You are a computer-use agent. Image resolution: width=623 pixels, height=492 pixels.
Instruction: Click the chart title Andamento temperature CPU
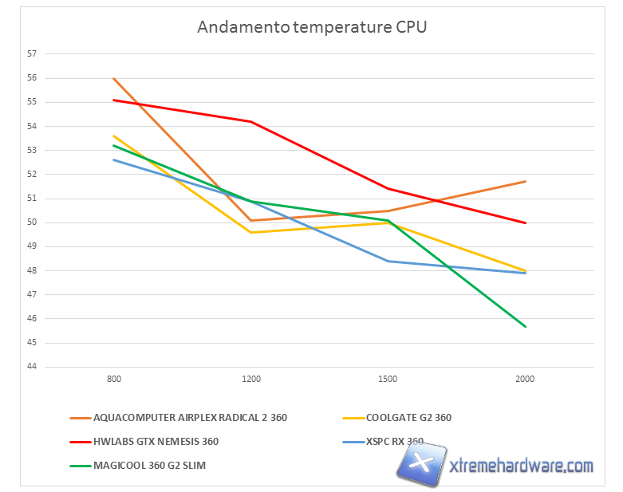click(312, 27)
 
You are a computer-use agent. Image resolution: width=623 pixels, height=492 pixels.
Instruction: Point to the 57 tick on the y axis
click(33, 54)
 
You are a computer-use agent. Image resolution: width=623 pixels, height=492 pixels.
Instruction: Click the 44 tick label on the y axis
click(33, 367)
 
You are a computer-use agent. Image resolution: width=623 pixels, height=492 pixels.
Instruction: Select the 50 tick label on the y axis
click(33, 222)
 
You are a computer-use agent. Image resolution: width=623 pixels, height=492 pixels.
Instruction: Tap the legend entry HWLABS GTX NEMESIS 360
click(156, 441)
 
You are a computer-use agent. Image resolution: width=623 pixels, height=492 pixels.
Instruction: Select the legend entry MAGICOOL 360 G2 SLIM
click(149, 465)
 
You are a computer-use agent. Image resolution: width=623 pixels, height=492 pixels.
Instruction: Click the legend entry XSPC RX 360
click(394, 441)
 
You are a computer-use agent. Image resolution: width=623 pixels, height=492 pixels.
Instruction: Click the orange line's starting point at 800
click(114, 78)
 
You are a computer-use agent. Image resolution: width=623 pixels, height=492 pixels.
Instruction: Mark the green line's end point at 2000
click(526, 326)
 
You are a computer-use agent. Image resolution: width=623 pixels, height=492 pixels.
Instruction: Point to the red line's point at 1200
click(251, 121)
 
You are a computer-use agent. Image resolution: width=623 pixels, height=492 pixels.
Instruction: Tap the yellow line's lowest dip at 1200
click(251, 232)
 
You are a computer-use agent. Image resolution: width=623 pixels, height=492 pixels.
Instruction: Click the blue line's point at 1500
click(388, 261)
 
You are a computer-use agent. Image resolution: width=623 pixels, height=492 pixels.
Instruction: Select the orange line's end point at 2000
click(526, 181)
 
